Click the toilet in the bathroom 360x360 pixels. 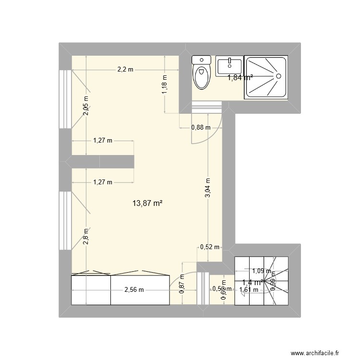[201, 73]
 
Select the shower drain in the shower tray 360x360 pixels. [277, 76]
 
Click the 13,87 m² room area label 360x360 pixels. [147, 204]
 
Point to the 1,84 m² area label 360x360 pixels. [240, 77]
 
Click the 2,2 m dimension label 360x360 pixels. [125, 70]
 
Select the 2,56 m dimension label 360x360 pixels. [134, 289]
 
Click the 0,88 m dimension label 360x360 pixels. [200, 128]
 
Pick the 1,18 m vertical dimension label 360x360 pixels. [164, 85]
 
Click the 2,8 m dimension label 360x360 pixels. [86, 237]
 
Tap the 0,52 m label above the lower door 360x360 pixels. [209, 247]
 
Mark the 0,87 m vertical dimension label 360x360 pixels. [182, 283]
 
